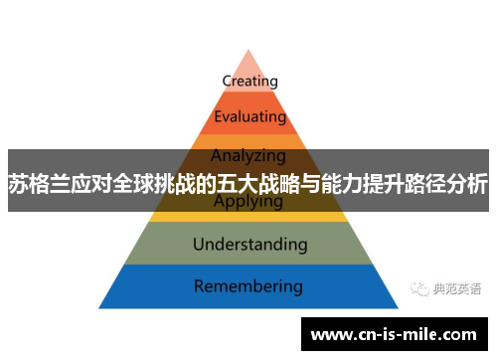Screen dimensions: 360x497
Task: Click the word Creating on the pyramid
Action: (x=249, y=81)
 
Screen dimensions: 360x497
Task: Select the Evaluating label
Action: (x=249, y=116)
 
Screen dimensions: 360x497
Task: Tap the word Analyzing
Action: (x=249, y=155)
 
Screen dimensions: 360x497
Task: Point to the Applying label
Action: (x=248, y=202)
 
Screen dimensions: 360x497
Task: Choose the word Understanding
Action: (x=249, y=244)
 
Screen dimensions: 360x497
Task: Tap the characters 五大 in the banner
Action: (x=237, y=183)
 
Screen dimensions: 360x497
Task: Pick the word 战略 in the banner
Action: (x=280, y=183)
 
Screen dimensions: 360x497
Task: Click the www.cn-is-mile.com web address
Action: (x=394, y=335)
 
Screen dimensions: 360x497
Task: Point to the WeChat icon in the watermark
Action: (x=418, y=288)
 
